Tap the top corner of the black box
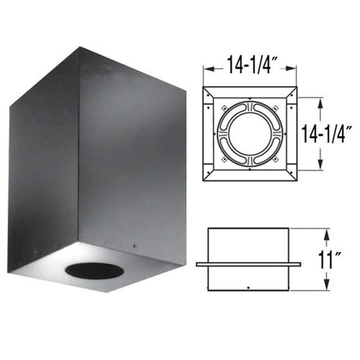[x=80, y=47]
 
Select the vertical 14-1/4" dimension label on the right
[x=329, y=133]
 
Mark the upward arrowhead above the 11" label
[x=328, y=233]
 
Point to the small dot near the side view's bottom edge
[x=249, y=289]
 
